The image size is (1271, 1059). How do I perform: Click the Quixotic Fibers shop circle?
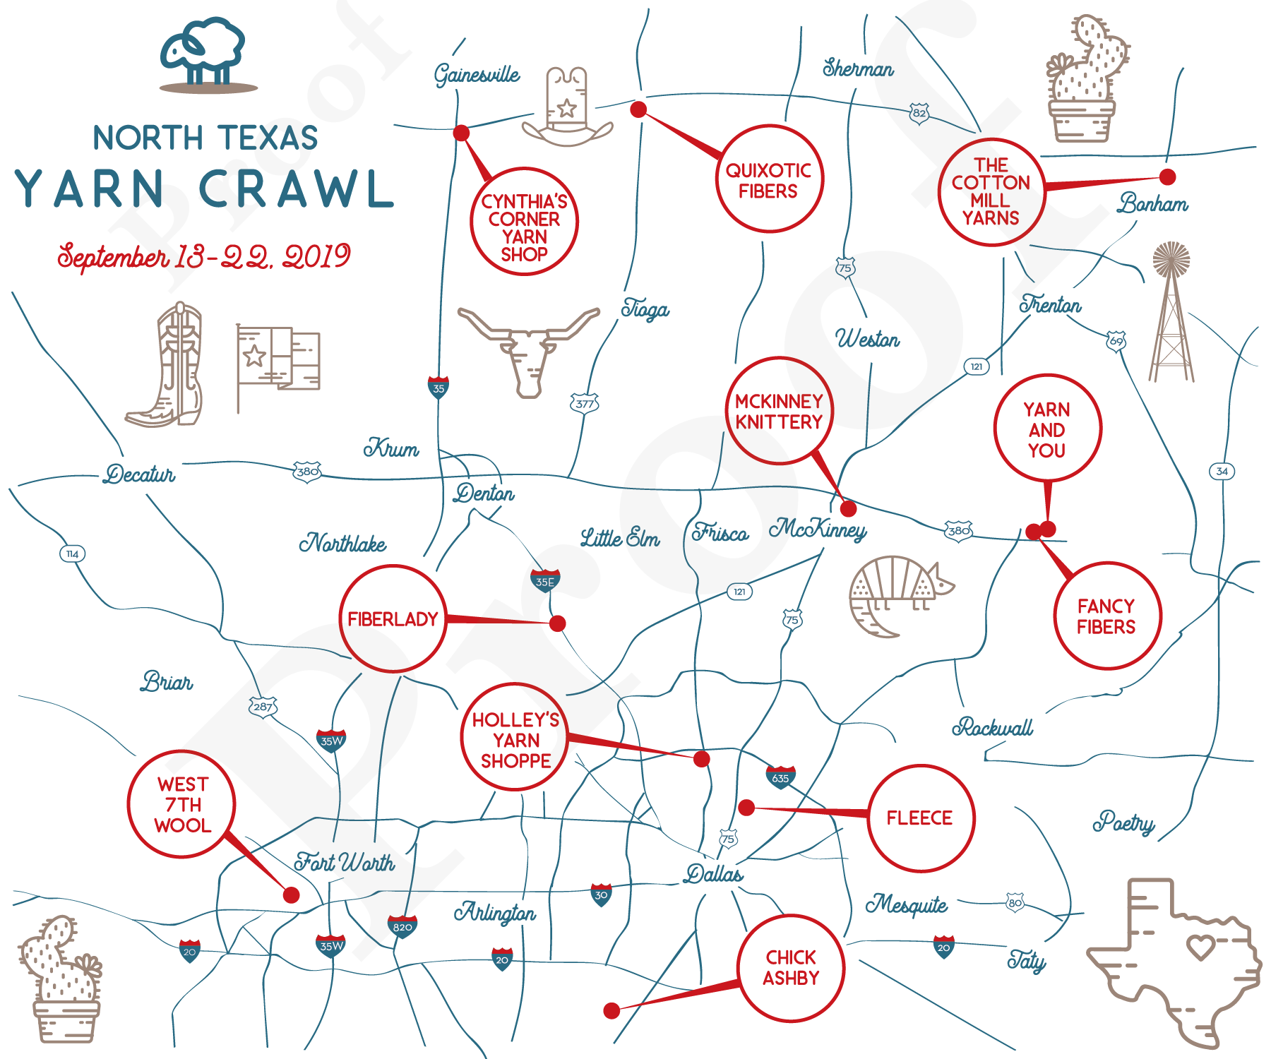click(769, 179)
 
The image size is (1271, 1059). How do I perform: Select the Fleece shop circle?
click(920, 818)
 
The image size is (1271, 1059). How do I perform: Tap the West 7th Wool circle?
click(181, 804)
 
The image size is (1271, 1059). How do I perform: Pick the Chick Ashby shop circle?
click(791, 968)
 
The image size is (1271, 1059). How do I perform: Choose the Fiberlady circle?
click(393, 619)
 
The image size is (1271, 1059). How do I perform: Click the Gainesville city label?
click(477, 74)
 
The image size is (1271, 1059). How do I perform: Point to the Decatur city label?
click(139, 474)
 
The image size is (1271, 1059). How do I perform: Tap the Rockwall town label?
click(992, 727)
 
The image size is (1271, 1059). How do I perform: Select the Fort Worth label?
click(344, 862)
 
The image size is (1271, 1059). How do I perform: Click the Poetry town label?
click(1123, 822)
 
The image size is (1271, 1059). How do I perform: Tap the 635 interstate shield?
click(780, 777)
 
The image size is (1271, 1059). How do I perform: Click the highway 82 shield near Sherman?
click(919, 113)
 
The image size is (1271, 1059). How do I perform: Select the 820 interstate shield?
click(402, 926)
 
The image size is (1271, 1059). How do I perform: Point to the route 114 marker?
click(72, 554)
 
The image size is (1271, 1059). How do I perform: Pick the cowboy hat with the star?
click(567, 107)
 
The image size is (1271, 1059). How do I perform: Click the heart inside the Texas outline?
click(1200, 945)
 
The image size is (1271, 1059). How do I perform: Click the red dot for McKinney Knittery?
click(849, 508)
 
